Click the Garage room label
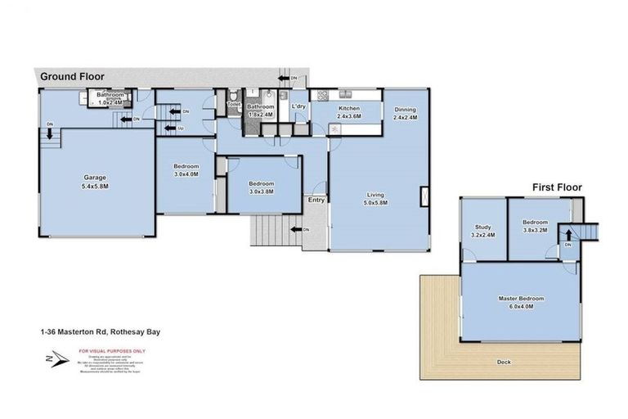pos(96,178)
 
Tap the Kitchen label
pos(349,109)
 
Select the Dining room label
pos(405,110)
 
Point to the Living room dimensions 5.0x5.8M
pos(376,203)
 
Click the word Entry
pos(316,200)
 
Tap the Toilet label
pos(233,105)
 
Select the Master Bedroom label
pos(522,299)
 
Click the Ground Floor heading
pos(73,76)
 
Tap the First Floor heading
pos(557,187)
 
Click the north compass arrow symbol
pos(50,358)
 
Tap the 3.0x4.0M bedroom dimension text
pos(186,173)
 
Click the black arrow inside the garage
pos(50,133)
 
